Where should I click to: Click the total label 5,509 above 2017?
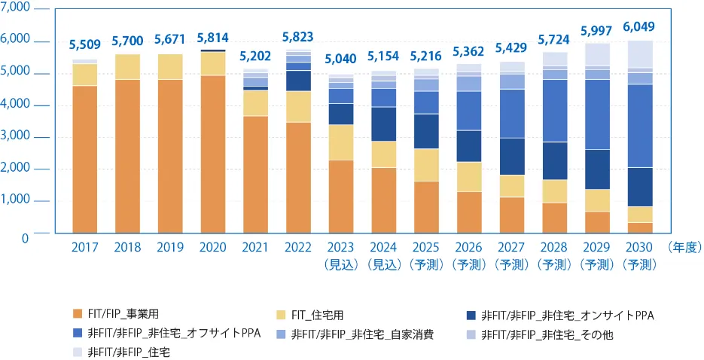tap(84, 44)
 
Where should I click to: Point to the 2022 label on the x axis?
tap(298, 248)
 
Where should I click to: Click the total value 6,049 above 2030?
tap(638, 26)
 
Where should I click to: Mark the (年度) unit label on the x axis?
tap(684, 248)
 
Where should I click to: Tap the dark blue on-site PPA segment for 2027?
tap(511, 157)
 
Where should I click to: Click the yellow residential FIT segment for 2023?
tap(340, 142)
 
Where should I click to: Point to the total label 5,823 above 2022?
tap(298, 36)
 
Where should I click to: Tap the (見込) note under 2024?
tap(383, 265)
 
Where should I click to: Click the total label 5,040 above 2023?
tap(340, 59)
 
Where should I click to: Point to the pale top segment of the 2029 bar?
tap(596, 54)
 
